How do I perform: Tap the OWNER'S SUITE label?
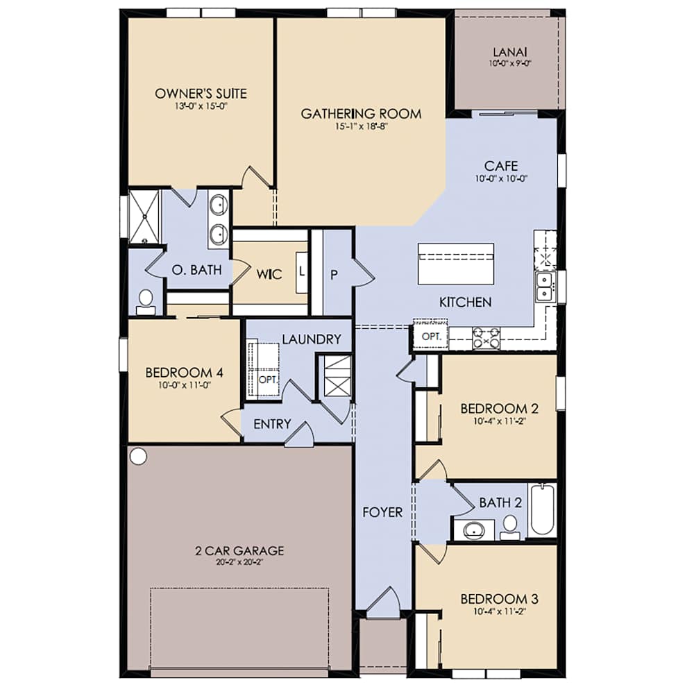(x=201, y=94)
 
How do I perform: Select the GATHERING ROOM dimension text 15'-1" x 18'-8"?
(x=361, y=127)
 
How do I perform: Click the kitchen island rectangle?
(x=456, y=264)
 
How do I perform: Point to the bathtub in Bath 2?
(x=543, y=510)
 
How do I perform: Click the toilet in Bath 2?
(x=511, y=525)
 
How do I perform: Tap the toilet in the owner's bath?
(x=146, y=301)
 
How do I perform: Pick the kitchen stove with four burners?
(x=486, y=338)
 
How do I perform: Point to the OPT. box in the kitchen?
(x=430, y=337)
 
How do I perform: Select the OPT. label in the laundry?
(x=267, y=380)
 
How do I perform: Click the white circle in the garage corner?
(x=138, y=456)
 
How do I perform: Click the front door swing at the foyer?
(x=383, y=602)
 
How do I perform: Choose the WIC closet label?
(x=269, y=275)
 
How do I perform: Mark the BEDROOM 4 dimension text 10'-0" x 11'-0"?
(x=184, y=386)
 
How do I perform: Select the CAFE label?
(x=501, y=167)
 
